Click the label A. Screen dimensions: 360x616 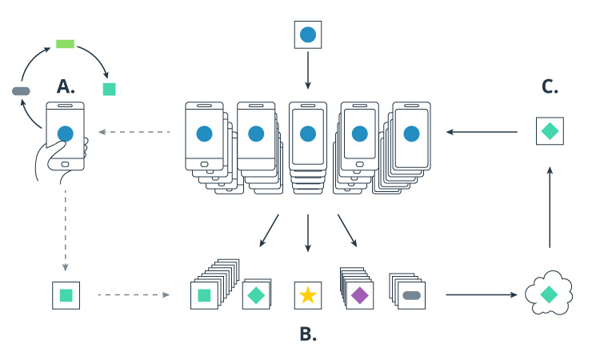point(66,86)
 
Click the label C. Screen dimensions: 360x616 point(550,86)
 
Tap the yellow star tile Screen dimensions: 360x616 point(308,295)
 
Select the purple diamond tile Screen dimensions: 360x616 point(360,295)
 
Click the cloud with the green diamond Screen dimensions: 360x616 point(549,294)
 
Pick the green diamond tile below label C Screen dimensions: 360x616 point(550,131)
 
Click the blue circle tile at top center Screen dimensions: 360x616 point(308,35)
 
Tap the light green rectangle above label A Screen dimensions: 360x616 point(65,44)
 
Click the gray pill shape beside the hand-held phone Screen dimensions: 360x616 point(21,91)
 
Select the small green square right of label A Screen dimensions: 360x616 point(109,90)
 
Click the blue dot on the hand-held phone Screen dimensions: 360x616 point(66,134)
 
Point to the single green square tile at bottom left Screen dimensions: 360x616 point(66,295)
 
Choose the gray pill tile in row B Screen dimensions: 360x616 point(412,295)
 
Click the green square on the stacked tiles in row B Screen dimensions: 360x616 point(204,295)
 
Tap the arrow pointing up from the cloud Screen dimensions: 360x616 point(550,204)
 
